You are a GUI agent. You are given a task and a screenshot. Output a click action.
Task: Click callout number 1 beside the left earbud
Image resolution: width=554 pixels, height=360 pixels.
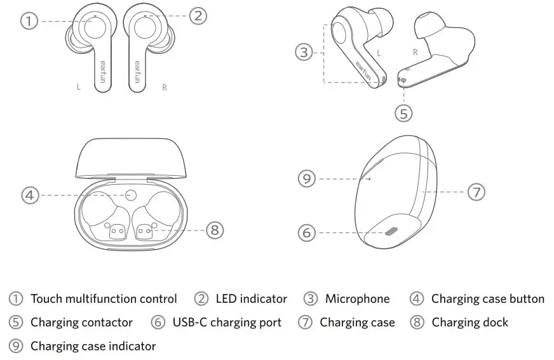[29, 21]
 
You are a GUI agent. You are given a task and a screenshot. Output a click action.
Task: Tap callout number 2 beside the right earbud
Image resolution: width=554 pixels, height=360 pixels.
[199, 15]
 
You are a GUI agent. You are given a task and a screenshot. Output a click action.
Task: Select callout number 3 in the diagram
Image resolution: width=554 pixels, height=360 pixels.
[305, 53]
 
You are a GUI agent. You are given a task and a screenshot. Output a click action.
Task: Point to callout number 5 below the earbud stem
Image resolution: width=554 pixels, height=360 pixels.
[403, 114]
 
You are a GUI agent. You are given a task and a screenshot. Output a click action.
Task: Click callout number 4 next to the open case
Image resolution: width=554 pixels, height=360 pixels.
[30, 195]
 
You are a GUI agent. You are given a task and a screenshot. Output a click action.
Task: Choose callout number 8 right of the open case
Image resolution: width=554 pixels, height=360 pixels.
[215, 230]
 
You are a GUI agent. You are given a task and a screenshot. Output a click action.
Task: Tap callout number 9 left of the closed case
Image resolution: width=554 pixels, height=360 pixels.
[307, 179]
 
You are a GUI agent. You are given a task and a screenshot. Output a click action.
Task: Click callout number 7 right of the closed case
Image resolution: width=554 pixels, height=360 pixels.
[476, 192]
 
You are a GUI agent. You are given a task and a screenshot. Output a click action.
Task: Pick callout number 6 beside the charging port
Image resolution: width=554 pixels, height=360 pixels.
[307, 233]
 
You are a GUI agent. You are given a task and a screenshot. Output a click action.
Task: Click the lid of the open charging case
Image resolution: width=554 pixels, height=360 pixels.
[132, 156]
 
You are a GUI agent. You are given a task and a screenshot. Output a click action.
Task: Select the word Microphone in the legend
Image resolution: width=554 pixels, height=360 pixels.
[357, 299]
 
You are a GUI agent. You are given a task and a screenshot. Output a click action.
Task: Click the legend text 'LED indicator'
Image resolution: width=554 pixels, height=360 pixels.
[251, 299]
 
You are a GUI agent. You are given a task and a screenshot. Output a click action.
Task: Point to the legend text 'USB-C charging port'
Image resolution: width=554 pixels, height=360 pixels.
[227, 323]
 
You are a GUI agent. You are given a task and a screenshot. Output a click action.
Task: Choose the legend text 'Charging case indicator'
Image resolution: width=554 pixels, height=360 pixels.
[93, 347]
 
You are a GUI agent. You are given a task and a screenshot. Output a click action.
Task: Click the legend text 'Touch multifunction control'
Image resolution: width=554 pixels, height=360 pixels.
[104, 299]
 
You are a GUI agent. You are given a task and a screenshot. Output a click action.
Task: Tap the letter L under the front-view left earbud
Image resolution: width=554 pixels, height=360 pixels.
[79, 88]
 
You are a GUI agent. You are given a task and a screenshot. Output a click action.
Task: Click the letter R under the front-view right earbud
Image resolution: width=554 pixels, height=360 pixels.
[165, 88]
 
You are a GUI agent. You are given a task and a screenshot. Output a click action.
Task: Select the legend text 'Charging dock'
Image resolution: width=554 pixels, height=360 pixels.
[470, 323]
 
